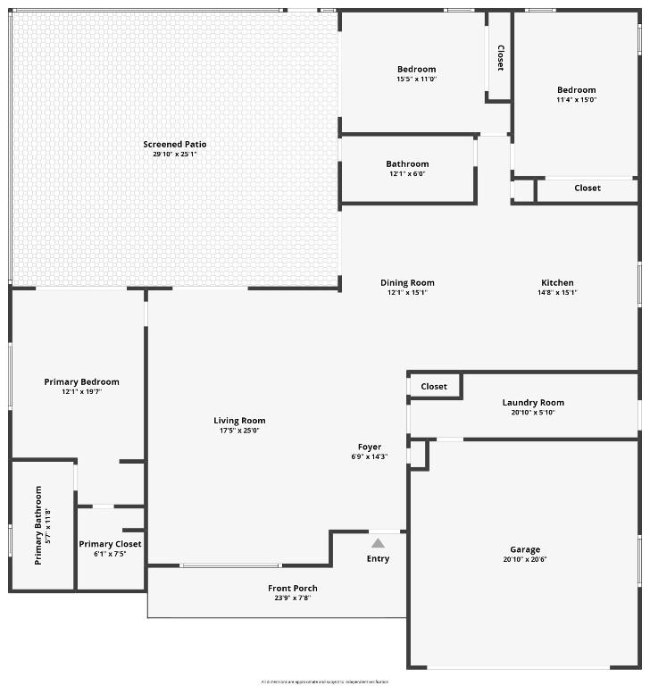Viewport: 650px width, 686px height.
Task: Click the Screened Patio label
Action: tap(175, 144)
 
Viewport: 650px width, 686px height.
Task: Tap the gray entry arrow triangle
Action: tap(378, 543)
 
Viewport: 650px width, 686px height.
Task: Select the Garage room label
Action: tap(525, 549)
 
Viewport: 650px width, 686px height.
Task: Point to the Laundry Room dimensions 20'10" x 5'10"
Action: tap(534, 413)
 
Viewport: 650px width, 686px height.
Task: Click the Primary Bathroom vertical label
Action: tap(38, 525)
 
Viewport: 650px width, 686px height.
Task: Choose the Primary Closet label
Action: tap(110, 544)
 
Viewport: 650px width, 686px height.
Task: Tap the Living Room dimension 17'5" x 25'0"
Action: tap(239, 431)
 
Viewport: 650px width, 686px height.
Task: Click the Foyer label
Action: tap(370, 447)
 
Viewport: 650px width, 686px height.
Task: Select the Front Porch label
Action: tap(293, 588)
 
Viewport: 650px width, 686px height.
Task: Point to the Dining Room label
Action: tap(407, 283)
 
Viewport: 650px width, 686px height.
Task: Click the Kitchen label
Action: tap(557, 283)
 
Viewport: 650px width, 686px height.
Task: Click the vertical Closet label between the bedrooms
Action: tap(500, 58)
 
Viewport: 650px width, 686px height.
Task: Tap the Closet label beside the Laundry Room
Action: tap(434, 386)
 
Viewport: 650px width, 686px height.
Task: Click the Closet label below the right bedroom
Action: tap(587, 188)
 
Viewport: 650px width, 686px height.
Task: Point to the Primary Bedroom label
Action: tap(81, 381)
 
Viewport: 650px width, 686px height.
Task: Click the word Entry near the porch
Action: tap(378, 559)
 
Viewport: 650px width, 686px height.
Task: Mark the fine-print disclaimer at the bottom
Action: tap(325, 682)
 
